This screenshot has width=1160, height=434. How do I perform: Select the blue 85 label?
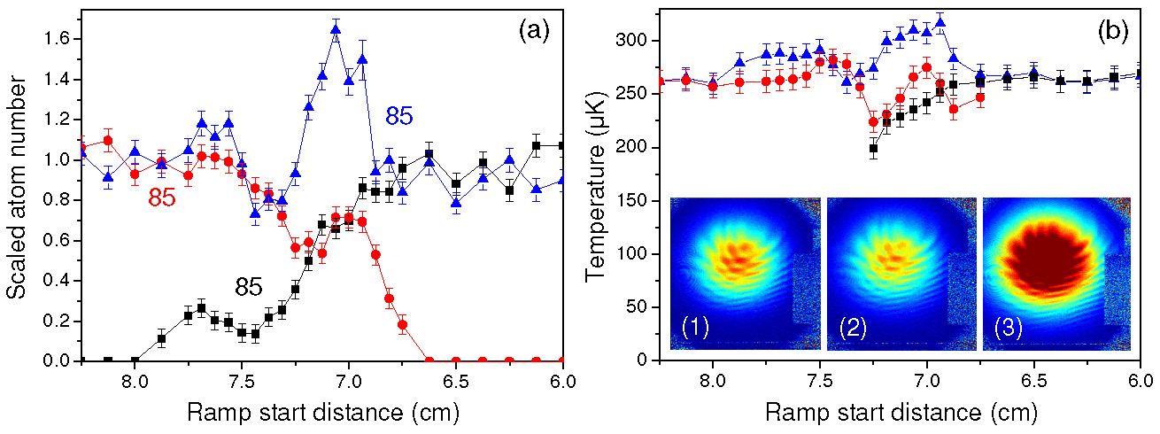pos(400,115)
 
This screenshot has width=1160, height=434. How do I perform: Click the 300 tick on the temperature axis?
pos(638,41)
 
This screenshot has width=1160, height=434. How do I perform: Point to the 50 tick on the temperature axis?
pos(643,307)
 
